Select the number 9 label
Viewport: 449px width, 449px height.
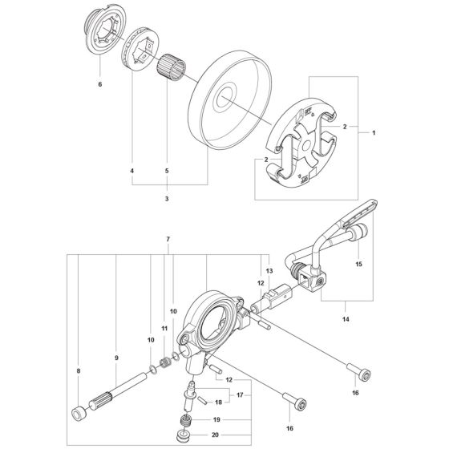[116, 358]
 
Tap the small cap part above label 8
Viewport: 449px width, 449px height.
[79, 415]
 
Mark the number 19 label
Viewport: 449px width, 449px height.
[192, 419]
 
